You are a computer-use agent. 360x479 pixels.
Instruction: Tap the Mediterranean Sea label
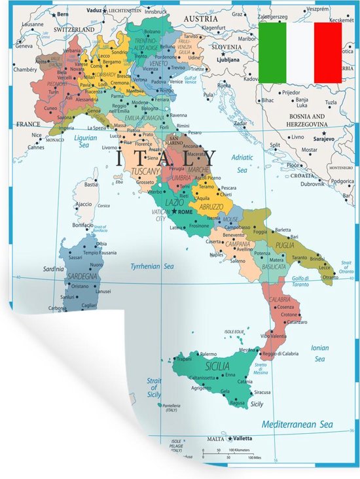(x=298, y=425)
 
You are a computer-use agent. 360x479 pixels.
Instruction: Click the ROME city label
(x=186, y=212)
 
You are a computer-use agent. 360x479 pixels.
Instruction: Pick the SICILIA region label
(x=217, y=366)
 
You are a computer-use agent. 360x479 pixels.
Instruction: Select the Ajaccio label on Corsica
(x=83, y=204)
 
